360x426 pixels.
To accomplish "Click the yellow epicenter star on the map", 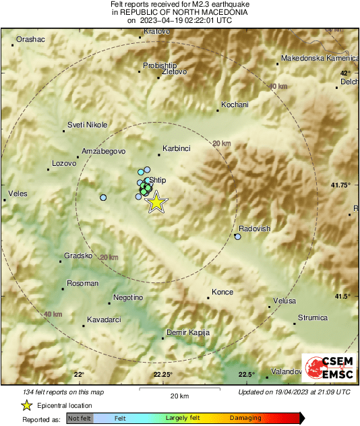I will pyautogui.click(x=156, y=202).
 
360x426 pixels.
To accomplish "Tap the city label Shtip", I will pyautogui.click(x=156, y=181).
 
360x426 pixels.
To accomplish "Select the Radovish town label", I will pyautogui.click(x=254, y=229).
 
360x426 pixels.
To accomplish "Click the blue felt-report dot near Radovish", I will pyautogui.click(x=237, y=237).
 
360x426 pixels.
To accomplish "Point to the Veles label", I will pyautogui.click(x=17, y=193).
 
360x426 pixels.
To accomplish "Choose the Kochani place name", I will pyautogui.click(x=235, y=104).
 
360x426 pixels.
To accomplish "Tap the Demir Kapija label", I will pyautogui.click(x=188, y=332).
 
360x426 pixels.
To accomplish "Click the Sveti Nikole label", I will pyautogui.click(x=87, y=125).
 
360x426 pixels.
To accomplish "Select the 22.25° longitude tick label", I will pyautogui.click(x=162, y=375).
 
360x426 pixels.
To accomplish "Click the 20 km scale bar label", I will pyautogui.click(x=179, y=395).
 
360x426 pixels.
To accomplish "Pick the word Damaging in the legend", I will pyautogui.click(x=245, y=418).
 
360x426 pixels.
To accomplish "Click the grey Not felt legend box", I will pyautogui.click(x=80, y=419).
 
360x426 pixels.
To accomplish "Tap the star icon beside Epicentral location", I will pyautogui.click(x=26, y=405).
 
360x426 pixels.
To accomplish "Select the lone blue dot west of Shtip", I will pyautogui.click(x=103, y=197).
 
